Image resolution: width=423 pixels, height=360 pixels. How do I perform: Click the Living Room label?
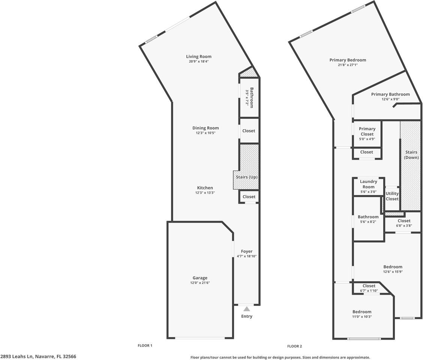tap(199, 57)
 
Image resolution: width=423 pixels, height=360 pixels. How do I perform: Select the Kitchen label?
tap(205, 188)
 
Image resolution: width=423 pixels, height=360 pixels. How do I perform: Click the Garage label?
tap(200, 278)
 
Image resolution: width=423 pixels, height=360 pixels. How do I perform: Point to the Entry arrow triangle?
tap(247, 309)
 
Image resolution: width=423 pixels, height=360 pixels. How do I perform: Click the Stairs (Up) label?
tap(246, 177)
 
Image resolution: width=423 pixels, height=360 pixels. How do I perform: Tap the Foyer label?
tap(246, 251)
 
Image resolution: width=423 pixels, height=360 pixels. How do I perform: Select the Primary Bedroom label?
tap(348, 60)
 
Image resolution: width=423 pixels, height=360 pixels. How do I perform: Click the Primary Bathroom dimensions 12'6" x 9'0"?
tap(390, 99)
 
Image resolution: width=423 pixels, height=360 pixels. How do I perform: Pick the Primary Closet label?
tap(367, 132)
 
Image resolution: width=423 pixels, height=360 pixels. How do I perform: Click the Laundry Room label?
tap(368, 184)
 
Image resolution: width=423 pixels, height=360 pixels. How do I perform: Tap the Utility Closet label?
tap(392, 196)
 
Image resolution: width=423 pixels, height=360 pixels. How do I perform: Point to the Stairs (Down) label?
tap(411, 155)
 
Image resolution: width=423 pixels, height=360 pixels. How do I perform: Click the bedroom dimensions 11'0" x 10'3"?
tap(362, 316)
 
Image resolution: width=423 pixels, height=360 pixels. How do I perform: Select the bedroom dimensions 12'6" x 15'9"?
tap(393, 272)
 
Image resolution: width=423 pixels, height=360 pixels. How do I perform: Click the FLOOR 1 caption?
tap(145, 345)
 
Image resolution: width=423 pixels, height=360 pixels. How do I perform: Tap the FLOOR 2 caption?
tap(294, 346)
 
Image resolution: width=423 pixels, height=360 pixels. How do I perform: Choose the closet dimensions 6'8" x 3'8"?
tap(404, 226)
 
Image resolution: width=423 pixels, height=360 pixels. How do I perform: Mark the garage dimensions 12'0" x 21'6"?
tap(200, 283)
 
